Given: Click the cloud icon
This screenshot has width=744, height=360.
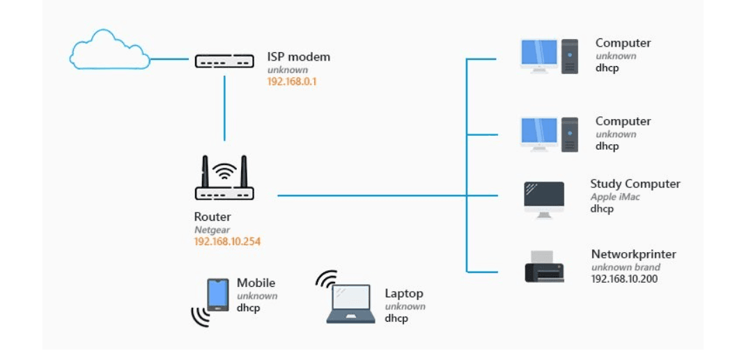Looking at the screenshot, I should click(x=110, y=51).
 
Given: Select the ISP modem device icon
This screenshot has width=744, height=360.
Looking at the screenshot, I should click(x=224, y=62).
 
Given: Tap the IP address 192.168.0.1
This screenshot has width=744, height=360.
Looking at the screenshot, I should click(x=292, y=81).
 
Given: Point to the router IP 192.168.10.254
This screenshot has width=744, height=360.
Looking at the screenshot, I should click(x=227, y=242).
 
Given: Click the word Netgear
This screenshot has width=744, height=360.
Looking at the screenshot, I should click(x=211, y=229).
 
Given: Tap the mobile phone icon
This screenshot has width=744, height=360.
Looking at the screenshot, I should click(x=218, y=295).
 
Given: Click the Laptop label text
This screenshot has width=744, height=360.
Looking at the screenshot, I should click(x=404, y=293).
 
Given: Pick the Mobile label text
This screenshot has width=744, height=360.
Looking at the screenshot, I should click(x=256, y=283).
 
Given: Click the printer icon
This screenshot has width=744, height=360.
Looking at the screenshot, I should click(x=544, y=267).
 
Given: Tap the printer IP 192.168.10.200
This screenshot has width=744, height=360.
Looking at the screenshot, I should click(x=624, y=279).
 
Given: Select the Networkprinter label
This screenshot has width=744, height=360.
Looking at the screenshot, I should click(x=633, y=254).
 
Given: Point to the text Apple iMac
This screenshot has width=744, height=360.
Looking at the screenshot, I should click(x=615, y=197).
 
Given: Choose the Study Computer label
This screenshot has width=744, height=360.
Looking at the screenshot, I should click(x=635, y=184).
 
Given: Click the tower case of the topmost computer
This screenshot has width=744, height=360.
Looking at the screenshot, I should click(x=570, y=56).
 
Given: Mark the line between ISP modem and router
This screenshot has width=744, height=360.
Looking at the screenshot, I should click(x=224, y=108).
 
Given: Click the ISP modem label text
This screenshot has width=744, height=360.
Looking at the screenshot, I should click(x=299, y=56).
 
